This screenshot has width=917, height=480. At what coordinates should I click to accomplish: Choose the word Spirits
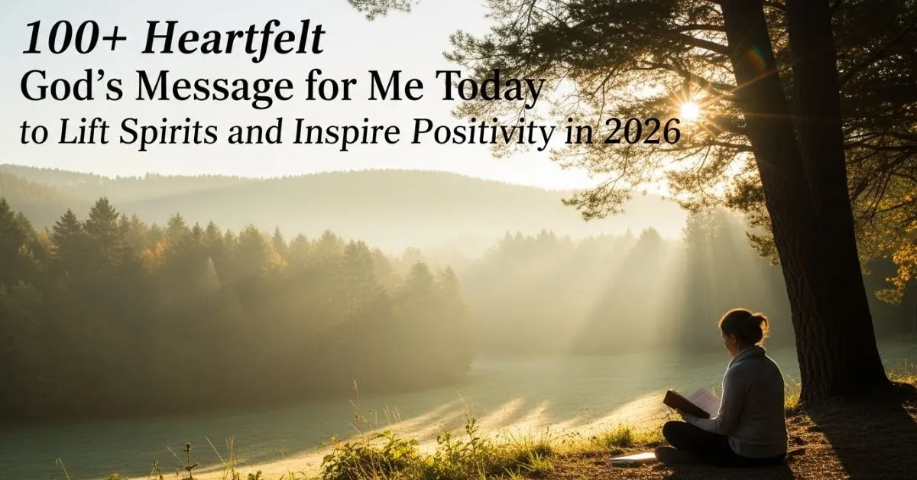tap(168, 133)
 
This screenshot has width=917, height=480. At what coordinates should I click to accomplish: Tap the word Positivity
tap(482, 133)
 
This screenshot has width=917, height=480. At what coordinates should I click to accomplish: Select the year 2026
tap(641, 132)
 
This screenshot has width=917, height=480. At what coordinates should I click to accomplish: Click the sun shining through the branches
tap(689, 110)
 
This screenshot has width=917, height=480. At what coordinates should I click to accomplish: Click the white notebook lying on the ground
tap(633, 458)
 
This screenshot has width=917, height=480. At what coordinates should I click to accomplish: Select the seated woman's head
tap(743, 329)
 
